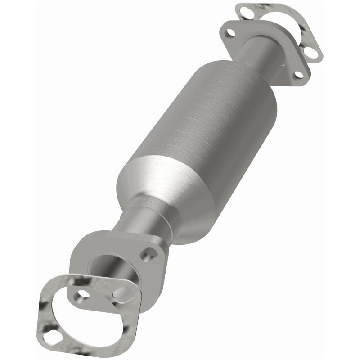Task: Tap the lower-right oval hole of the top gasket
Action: (x=312, y=54)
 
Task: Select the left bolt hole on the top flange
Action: (x=231, y=32)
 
